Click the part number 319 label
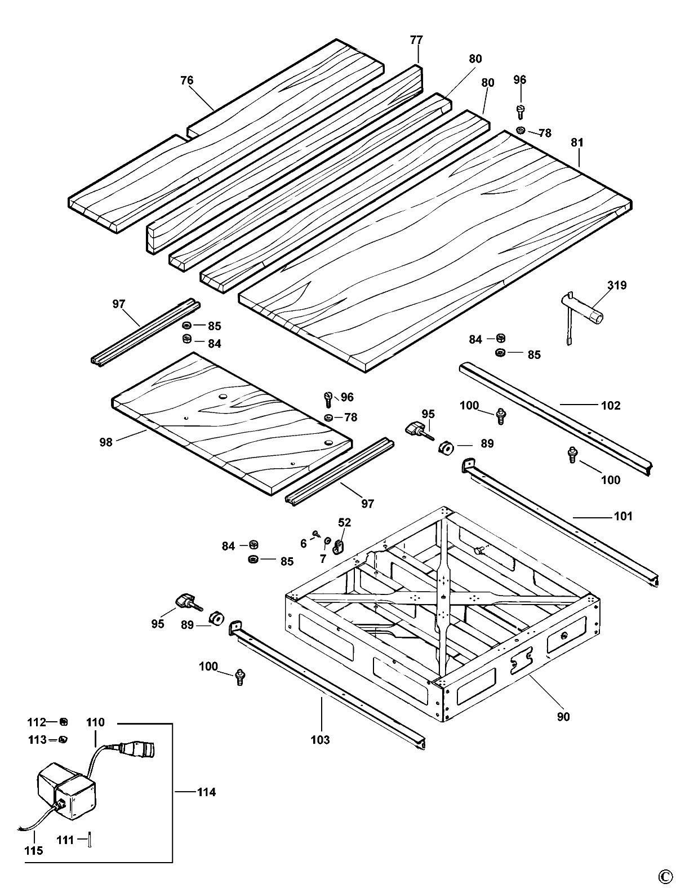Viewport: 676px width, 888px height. click(617, 286)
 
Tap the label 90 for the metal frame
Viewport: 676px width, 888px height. click(563, 716)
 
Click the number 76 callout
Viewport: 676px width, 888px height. click(187, 81)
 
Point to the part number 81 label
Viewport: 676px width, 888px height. click(577, 143)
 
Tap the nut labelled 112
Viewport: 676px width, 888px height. click(64, 722)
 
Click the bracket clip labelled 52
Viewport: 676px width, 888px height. click(339, 545)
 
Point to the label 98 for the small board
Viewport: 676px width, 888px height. click(105, 442)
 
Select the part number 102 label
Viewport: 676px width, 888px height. click(611, 405)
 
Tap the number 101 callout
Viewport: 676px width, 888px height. click(622, 516)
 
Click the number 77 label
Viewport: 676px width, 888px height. click(416, 40)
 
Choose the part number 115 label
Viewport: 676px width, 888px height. click(34, 850)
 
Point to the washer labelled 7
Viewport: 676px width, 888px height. click(327, 542)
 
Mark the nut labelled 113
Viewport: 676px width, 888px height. click(64, 739)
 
